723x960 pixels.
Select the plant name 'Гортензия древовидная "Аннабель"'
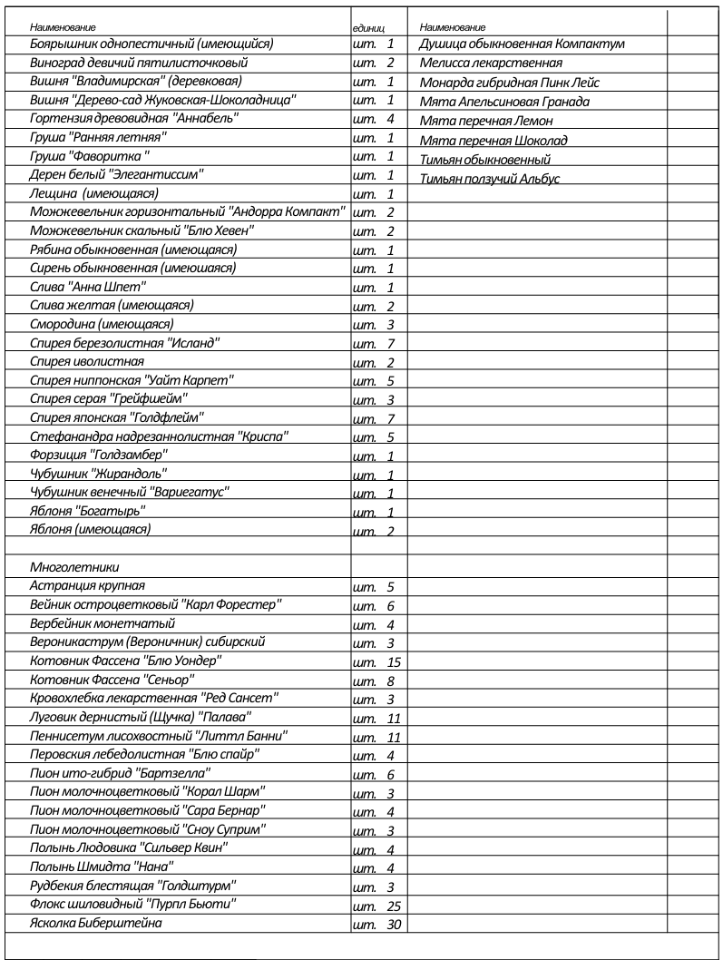(x=134, y=118)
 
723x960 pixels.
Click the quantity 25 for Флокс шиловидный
(x=393, y=906)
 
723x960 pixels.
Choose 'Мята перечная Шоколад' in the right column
(x=493, y=140)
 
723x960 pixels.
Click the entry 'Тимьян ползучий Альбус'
(x=490, y=179)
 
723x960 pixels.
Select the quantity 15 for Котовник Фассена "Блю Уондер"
(x=393, y=661)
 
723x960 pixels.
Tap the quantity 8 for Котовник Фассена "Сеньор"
(x=390, y=681)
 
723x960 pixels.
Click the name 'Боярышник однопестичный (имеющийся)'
(x=152, y=43)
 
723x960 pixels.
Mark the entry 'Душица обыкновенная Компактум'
(x=522, y=44)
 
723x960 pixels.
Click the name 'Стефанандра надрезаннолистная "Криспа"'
(x=160, y=436)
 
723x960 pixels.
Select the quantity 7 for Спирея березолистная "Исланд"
(x=390, y=344)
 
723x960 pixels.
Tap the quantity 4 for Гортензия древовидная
(x=390, y=119)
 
